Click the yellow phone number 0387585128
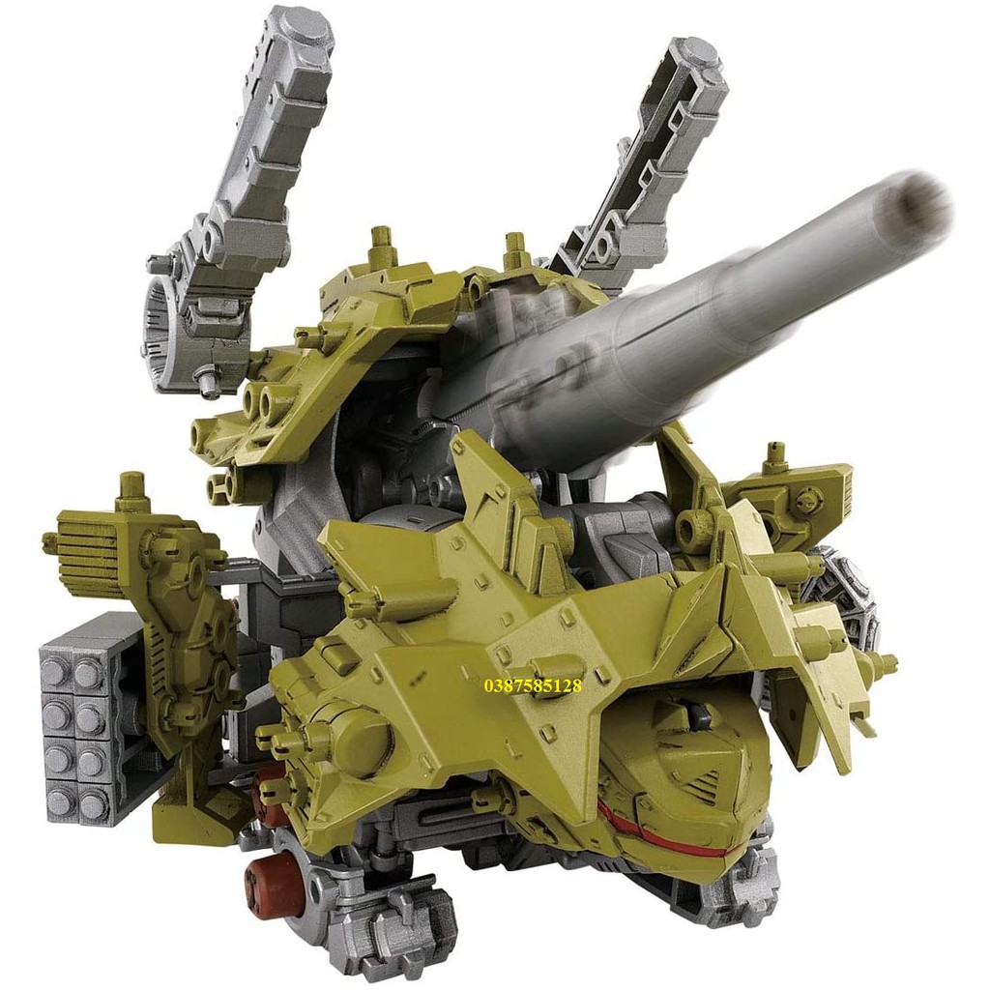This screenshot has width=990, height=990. pyautogui.click(x=533, y=685)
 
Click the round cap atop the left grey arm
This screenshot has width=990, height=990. pyautogui.click(x=311, y=30)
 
